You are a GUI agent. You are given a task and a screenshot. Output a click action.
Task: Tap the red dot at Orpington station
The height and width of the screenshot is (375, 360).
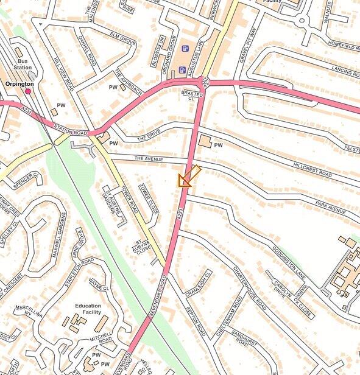[28, 91]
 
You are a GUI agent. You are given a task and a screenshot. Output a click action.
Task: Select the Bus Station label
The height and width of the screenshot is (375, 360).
[23, 65]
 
